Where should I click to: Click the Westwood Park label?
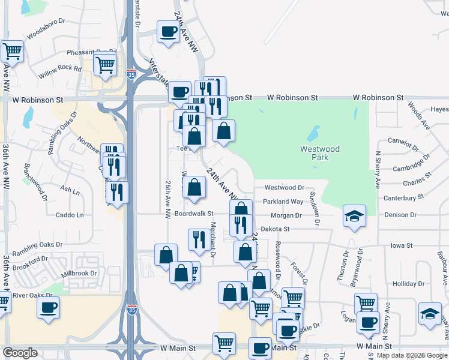320,153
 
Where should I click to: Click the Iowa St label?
402,245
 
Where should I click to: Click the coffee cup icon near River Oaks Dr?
48,307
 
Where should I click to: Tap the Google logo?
20,353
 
